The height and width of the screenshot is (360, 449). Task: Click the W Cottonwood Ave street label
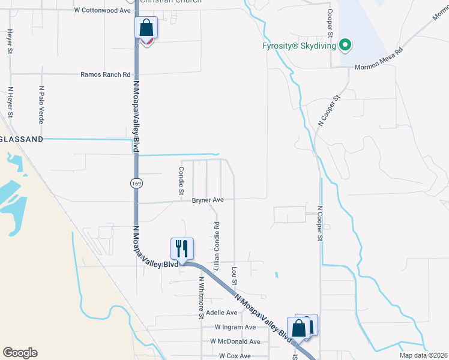(102, 10)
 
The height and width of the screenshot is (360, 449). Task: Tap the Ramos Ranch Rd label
(106, 75)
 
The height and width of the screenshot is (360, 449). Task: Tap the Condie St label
(181, 181)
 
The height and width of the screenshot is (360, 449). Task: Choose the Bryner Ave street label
(208, 200)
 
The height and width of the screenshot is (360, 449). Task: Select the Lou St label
(234, 276)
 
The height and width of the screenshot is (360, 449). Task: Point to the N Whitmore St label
(202, 298)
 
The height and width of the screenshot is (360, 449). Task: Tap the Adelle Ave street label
(221, 313)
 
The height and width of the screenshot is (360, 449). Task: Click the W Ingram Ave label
(235, 327)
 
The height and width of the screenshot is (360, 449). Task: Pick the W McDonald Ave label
(235, 341)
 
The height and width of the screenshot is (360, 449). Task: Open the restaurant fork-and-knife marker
(182, 248)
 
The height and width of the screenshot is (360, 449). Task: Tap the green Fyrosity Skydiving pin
(345, 45)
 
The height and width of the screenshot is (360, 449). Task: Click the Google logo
(20, 353)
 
